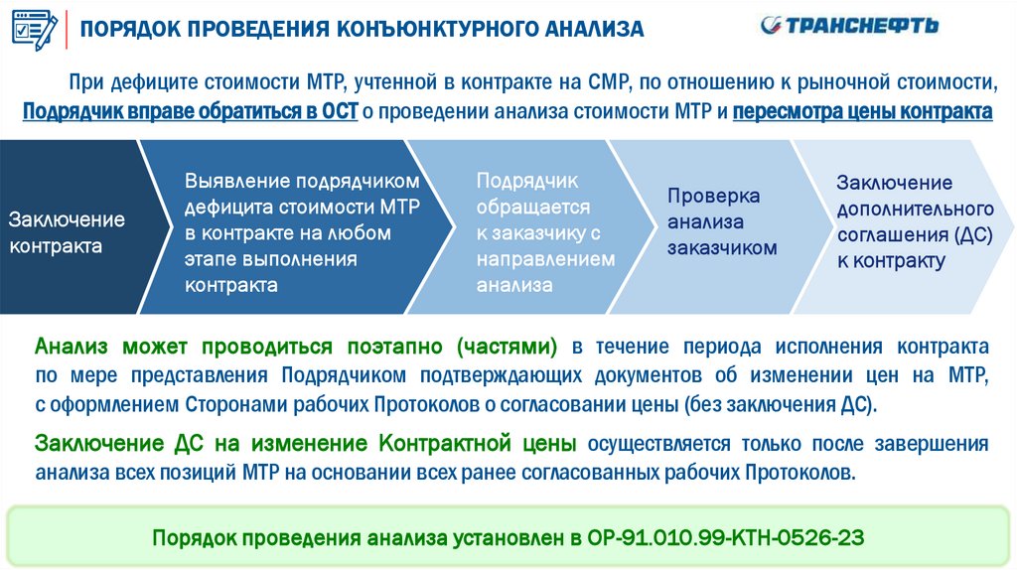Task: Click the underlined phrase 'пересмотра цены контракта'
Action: (x=862, y=110)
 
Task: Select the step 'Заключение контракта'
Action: (x=68, y=232)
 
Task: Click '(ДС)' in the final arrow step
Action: (x=972, y=235)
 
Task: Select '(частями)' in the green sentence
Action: (x=507, y=347)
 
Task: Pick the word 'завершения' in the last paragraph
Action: (x=937, y=443)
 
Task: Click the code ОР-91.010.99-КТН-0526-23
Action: (x=740, y=538)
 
